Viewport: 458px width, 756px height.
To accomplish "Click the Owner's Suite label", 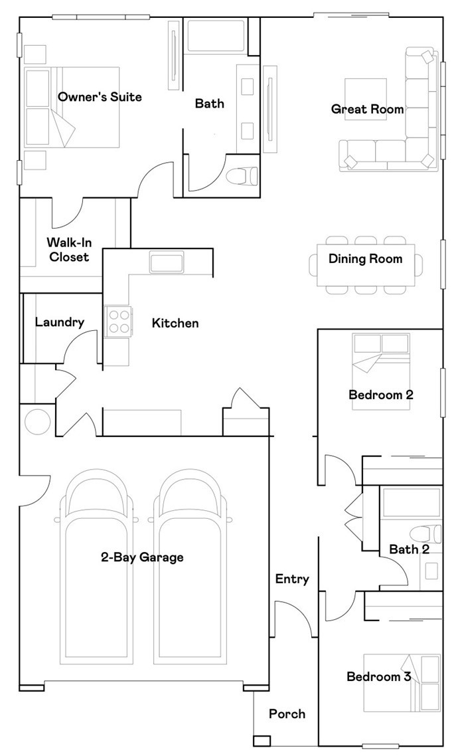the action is point(100,97).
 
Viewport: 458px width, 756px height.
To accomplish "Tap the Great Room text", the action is point(368,109).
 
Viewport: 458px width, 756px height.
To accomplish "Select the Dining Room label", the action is point(366,259).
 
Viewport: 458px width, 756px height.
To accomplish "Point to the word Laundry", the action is point(60,323).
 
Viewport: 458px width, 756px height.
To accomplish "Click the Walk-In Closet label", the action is point(69,249).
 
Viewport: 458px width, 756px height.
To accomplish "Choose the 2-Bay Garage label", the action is point(142,558).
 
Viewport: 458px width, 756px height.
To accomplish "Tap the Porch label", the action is point(287,714).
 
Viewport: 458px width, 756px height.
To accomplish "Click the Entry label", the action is point(292,579).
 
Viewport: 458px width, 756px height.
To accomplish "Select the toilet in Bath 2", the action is point(425,534).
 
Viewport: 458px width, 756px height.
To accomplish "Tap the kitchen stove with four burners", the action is point(118,322).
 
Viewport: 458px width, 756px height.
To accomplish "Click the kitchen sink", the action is point(167,262).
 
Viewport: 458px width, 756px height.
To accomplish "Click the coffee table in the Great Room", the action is point(366,100).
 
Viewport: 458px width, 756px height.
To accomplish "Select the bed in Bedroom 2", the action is point(382,371).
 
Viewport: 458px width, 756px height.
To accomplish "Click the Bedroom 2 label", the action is point(381,395).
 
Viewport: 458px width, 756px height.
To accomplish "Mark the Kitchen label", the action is point(175,323).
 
